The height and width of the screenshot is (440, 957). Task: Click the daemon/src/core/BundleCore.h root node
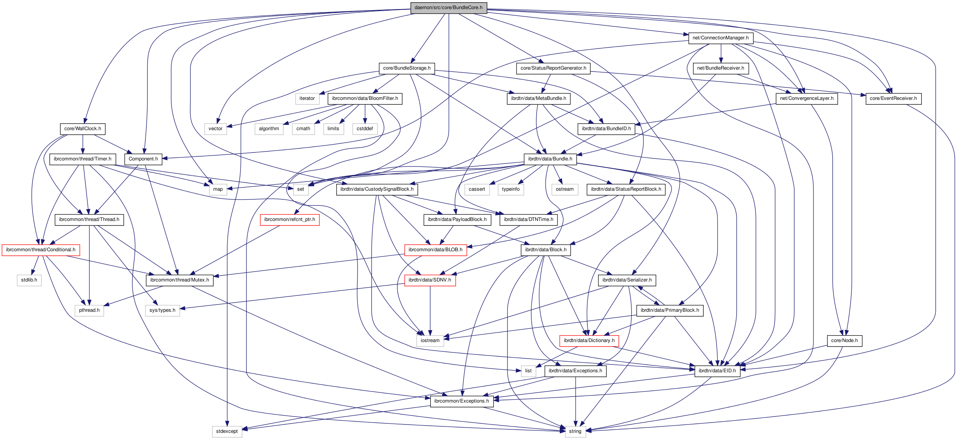click(448, 8)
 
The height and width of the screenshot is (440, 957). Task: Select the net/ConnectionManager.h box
click(720, 38)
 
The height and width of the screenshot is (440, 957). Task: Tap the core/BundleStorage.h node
click(407, 68)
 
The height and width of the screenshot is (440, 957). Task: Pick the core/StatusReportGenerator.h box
click(553, 68)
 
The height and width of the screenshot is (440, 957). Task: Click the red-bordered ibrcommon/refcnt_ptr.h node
click(289, 219)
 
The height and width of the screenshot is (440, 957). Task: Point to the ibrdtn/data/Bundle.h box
click(550, 159)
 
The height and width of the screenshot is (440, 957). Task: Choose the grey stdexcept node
click(227, 431)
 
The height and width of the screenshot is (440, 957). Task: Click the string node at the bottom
click(575, 431)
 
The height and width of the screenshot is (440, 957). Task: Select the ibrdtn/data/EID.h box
click(717, 371)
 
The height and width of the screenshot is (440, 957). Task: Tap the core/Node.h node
click(844, 340)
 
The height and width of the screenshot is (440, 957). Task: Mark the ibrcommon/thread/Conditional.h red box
click(41, 250)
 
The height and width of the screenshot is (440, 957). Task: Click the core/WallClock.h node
click(83, 129)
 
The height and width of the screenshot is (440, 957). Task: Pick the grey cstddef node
click(365, 129)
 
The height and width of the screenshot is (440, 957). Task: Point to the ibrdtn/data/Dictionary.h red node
click(589, 340)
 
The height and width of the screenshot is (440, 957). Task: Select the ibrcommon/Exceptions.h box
click(461, 401)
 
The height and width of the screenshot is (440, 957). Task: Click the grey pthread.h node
click(89, 310)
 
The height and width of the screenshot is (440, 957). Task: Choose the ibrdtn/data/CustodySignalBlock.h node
click(377, 189)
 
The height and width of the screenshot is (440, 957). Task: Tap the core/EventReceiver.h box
click(893, 98)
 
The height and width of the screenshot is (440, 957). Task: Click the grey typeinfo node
click(511, 189)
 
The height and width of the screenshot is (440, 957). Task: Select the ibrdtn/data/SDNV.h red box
click(430, 280)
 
